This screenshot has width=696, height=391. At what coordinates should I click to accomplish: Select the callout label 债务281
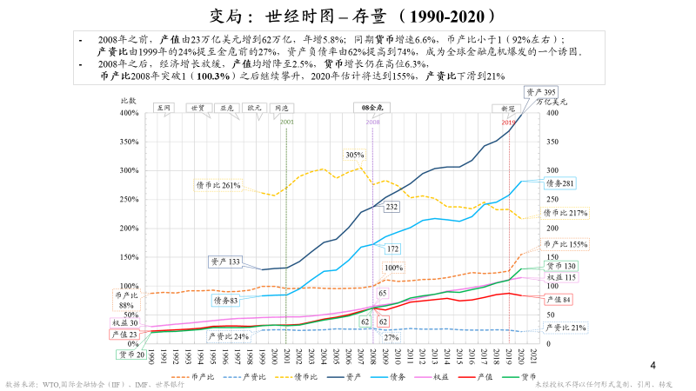(x=559, y=183)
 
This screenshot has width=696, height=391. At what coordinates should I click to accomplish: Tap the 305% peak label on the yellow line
(x=354, y=155)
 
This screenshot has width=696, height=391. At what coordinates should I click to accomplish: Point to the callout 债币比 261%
(x=217, y=185)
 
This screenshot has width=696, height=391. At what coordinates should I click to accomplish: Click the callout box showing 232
(x=391, y=207)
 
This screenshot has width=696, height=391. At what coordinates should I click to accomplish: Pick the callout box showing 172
(x=392, y=249)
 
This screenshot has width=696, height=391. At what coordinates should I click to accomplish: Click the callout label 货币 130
(x=560, y=266)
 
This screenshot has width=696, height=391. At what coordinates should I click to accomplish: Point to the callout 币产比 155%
(x=566, y=245)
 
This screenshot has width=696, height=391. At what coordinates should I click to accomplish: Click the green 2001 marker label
(x=286, y=123)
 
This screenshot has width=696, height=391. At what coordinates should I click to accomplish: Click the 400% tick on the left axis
(x=128, y=113)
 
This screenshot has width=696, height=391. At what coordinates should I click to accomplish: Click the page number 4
(x=653, y=364)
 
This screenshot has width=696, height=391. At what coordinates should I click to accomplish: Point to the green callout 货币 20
(x=132, y=354)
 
